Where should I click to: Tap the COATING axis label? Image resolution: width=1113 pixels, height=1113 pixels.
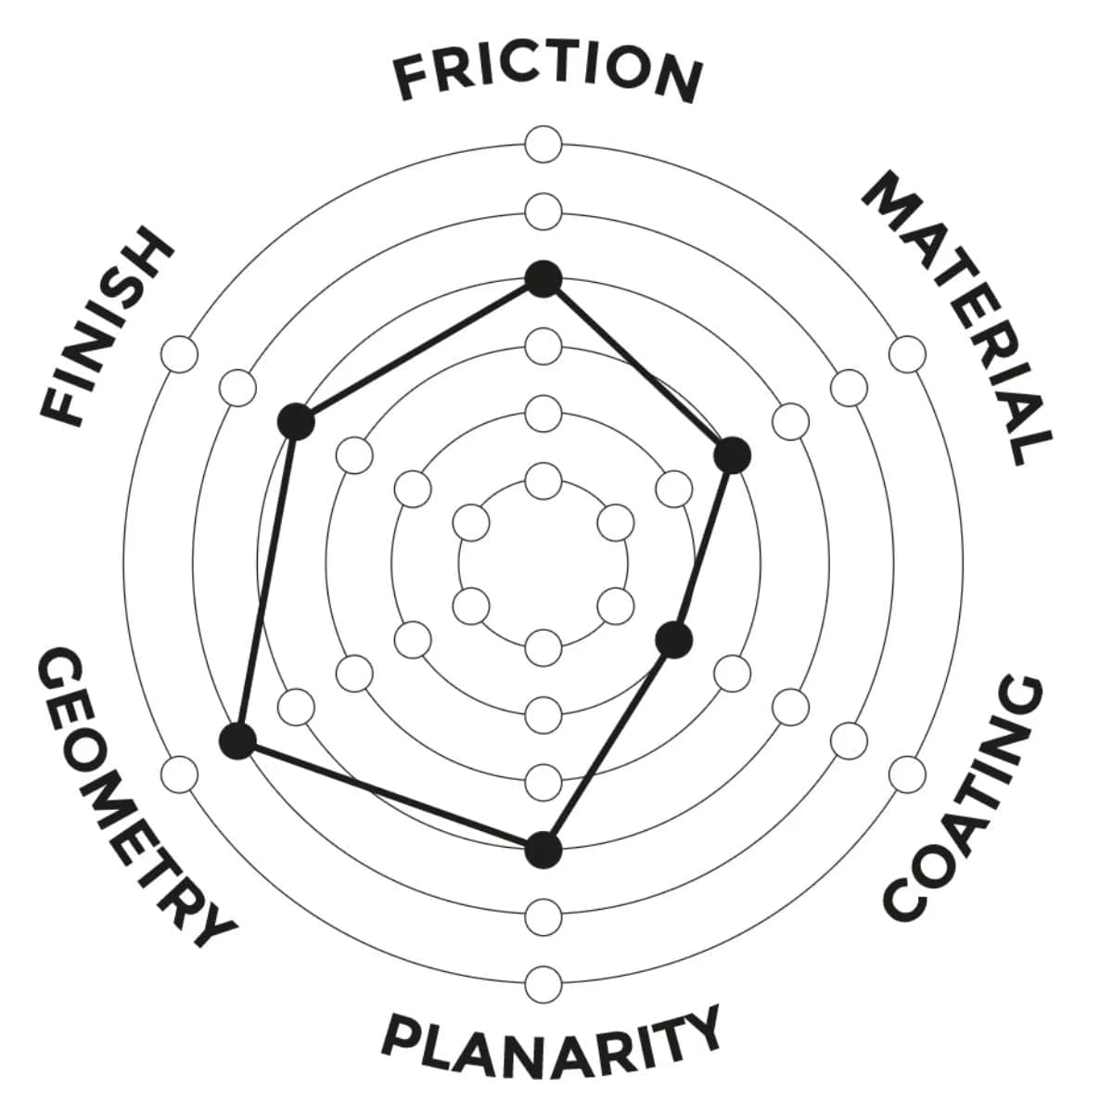(x=965, y=798)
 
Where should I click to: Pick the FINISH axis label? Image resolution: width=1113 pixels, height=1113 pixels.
(x=107, y=325)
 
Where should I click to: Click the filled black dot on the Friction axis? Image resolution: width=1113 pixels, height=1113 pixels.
(x=544, y=278)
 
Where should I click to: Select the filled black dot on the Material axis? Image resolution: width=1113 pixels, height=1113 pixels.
(x=733, y=454)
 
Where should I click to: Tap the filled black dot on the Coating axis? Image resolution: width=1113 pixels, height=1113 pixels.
(x=674, y=639)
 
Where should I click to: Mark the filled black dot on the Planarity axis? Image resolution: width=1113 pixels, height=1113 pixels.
(x=544, y=849)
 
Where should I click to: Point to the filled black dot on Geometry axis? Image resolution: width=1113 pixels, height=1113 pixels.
(x=238, y=741)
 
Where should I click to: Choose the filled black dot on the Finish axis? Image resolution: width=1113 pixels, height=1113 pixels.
(x=296, y=421)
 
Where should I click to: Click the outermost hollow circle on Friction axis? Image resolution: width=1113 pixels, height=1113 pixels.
(x=544, y=146)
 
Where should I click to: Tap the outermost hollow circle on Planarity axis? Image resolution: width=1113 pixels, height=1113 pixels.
(x=544, y=981)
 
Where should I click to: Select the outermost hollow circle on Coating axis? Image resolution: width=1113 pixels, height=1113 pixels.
(x=907, y=773)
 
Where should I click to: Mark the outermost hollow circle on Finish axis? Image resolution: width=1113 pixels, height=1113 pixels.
(x=180, y=354)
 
